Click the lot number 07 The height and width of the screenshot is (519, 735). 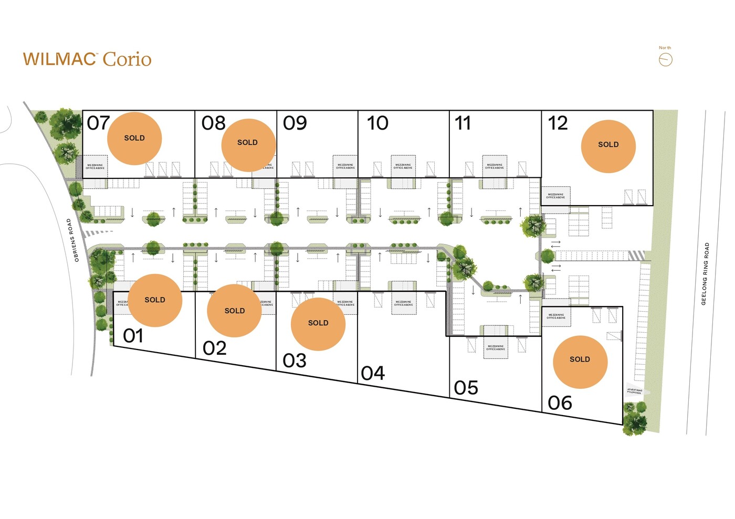pyautogui.click(x=98, y=123)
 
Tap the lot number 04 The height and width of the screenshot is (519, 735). pyautogui.click(x=373, y=374)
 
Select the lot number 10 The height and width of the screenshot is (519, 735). pyautogui.click(x=377, y=123)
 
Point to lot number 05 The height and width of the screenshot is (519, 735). pyautogui.click(x=466, y=388)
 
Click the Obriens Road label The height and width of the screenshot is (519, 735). pyautogui.click(x=72, y=240)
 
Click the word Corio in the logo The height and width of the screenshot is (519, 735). pyautogui.click(x=127, y=59)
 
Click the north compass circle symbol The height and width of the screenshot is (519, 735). pyautogui.click(x=665, y=60)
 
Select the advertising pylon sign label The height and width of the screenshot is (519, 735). pyautogui.click(x=634, y=391)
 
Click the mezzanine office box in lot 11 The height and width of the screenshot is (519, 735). pyautogui.click(x=495, y=166)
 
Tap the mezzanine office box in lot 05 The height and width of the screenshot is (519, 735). pyautogui.click(x=496, y=347)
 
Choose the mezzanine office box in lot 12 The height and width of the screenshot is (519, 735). pyautogui.click(x=555, y=196)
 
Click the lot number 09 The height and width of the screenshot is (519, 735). pyautogui.click(x=295, y=123)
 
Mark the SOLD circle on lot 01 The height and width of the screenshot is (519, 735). pyautogui.click(x=155, y=300)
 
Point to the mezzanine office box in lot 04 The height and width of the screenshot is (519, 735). pyautogui.click(x=404, y=303)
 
